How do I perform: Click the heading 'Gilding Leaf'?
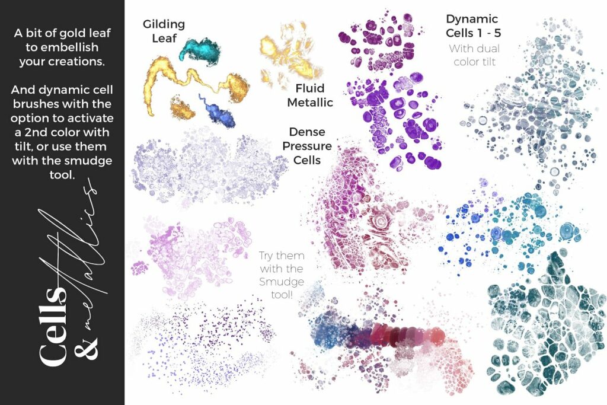point(164,31)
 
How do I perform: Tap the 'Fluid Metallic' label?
point(310,95)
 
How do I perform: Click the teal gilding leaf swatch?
point(200,50)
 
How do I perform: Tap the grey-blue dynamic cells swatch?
point(522,107)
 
